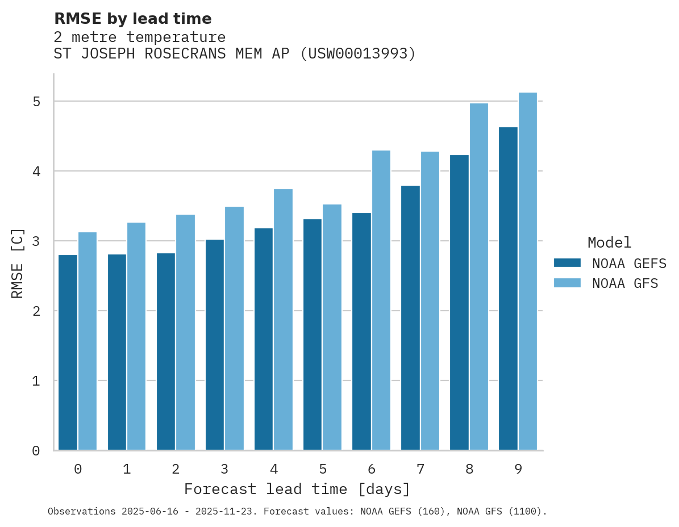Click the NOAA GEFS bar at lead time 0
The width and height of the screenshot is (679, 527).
68,352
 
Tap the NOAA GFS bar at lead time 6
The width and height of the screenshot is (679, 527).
381,300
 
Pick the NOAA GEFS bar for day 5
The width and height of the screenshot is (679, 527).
313,334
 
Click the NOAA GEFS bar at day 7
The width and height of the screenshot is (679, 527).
410,317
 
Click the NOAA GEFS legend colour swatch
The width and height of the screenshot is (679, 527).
567,263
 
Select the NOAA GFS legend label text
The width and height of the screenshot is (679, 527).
625,283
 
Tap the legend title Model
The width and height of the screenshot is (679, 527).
609,242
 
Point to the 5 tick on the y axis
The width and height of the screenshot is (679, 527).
36,102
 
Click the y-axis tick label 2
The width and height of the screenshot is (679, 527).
36,311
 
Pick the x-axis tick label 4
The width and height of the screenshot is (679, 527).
274,469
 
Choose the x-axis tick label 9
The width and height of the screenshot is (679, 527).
518,469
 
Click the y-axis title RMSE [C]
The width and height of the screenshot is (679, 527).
18,262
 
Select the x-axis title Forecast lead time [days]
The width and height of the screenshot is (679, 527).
297,489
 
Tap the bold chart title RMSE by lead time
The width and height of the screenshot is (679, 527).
132,19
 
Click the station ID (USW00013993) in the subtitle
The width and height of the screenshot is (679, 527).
358,54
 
